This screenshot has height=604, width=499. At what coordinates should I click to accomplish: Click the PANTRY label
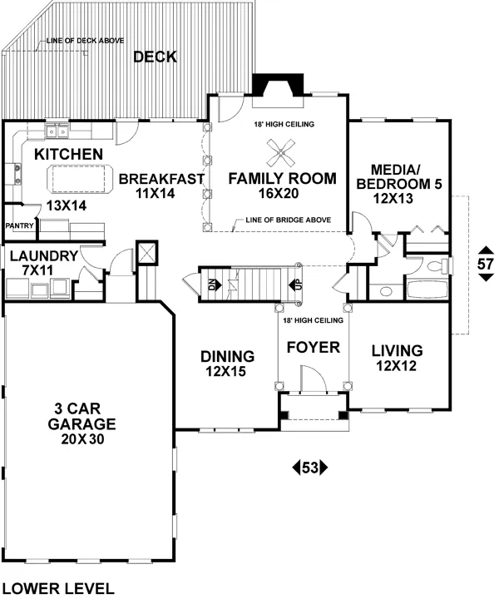tap(18, 225)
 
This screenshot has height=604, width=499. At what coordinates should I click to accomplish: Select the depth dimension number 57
tap(485, 264)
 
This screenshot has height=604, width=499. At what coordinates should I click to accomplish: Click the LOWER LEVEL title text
tap(58, 588)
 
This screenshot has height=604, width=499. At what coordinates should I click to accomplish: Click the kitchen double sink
tap(57, 131)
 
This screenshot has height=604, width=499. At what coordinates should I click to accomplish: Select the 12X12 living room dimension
tap(397, 365)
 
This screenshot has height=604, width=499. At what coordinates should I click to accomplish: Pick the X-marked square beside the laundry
tap(147, 252)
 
